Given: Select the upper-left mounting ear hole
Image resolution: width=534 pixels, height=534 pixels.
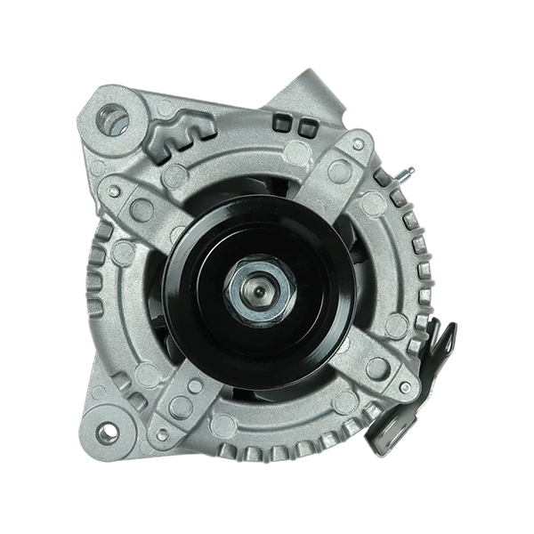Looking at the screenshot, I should (x=113, y=119).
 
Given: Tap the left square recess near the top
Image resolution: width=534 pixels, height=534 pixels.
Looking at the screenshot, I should (x=282, y=123).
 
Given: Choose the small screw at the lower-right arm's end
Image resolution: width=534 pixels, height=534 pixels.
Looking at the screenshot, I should (x=405, y=387).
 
